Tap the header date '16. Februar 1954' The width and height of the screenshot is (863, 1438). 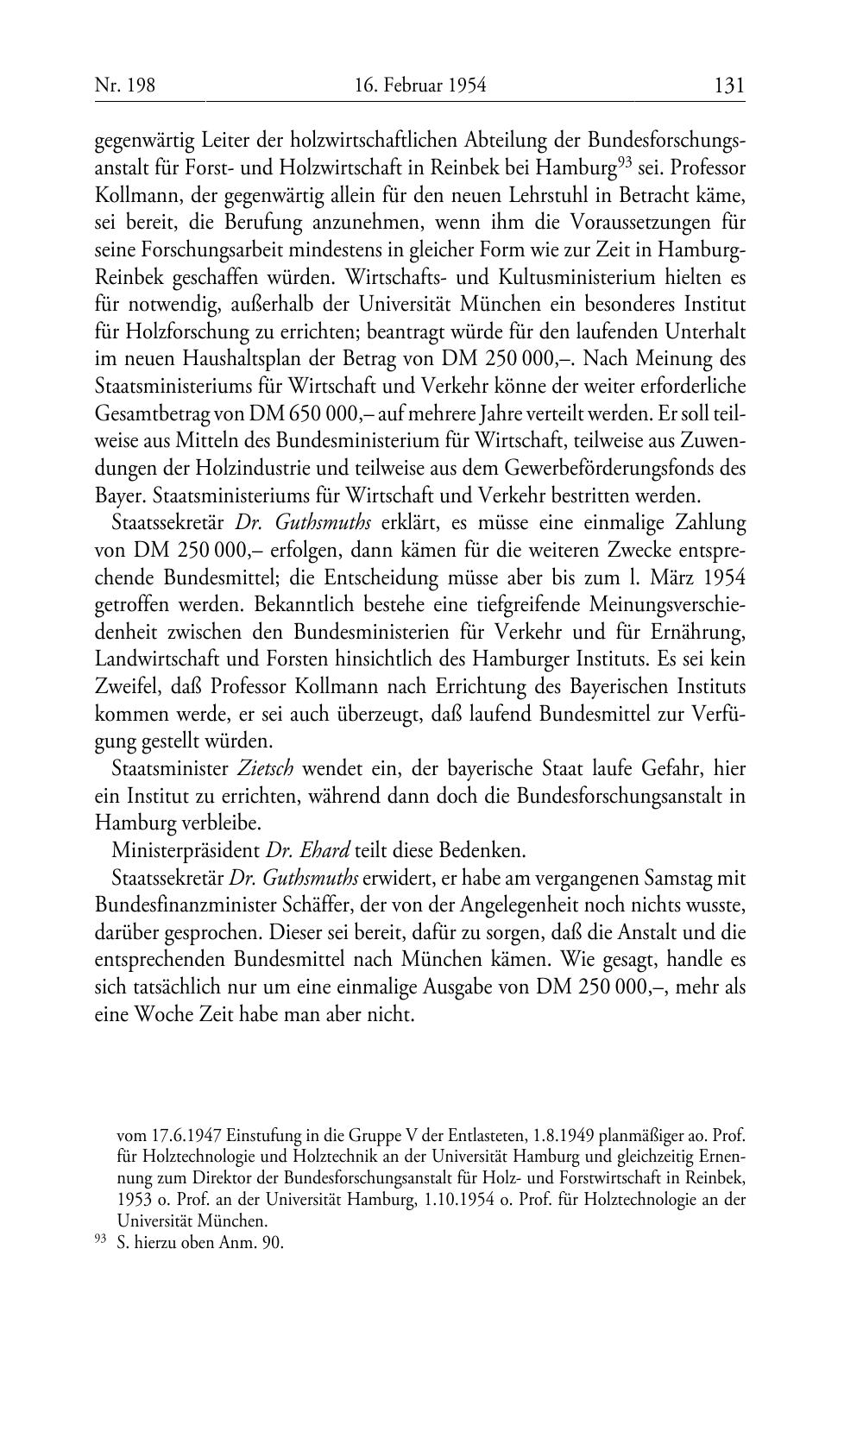(420, 85)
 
